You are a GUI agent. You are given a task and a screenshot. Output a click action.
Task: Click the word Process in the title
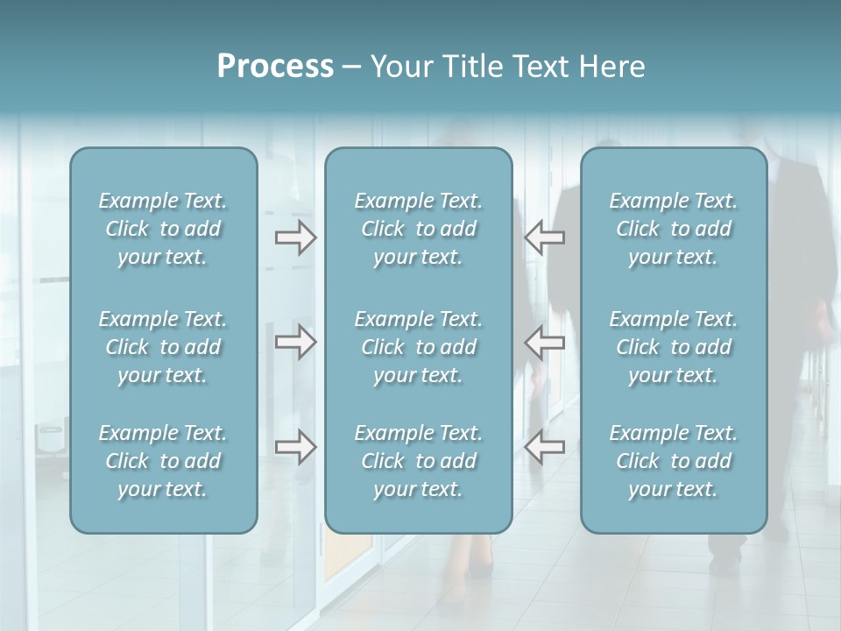point(275,67)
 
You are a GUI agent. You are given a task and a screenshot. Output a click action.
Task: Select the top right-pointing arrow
point(295,237)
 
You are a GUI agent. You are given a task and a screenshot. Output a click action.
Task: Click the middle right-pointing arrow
point(295,342)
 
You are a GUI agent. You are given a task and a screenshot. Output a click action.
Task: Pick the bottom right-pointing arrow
point(295,447)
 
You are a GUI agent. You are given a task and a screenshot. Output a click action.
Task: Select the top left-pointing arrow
point(545,237)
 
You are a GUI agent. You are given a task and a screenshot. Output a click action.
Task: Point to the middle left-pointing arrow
point(545,342)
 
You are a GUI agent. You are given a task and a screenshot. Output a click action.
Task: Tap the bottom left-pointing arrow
point(545,447)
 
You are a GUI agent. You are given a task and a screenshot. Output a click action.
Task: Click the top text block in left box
point(163,229)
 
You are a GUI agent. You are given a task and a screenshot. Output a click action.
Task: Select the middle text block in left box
point(163,347)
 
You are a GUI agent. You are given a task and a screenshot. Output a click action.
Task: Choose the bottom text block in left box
point(163,461)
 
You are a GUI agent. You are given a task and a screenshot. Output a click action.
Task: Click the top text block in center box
point(418,229)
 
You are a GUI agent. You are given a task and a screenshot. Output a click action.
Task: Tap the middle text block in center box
point(418,347)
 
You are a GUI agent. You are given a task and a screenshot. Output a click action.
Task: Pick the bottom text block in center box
point(418,461)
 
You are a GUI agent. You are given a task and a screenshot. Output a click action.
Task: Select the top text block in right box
point(673,229)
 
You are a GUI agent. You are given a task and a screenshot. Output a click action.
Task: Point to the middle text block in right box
point(673,347)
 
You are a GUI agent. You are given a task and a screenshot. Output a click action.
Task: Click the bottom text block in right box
point(673,461)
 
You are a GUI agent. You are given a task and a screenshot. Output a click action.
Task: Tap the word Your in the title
point(399,67)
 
